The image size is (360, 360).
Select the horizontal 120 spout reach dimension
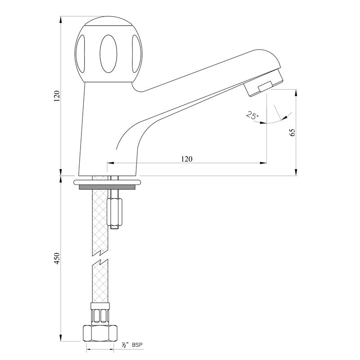tap(187, 158)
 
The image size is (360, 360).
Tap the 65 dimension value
tap(292, 132)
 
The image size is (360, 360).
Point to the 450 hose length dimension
tap(57, 259)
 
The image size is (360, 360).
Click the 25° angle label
tap(252, 116)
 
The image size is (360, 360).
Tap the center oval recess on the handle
tap(108, 53)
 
